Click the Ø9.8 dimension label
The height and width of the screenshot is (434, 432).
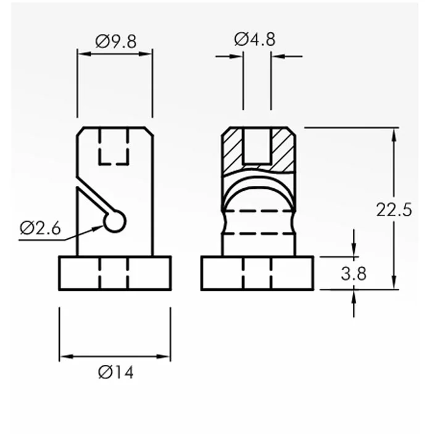(x=115, y=41)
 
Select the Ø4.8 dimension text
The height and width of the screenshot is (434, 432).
(x=255, y=40)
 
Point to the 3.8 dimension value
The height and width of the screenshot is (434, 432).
(x=354, y=273)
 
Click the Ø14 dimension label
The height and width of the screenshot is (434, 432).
(x=115, y=372)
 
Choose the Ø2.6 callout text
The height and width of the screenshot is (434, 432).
(x=40, y=228)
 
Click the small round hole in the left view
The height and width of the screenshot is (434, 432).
(x=115, y=221)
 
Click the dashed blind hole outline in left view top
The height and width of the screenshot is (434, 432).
(x=114, y=146)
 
